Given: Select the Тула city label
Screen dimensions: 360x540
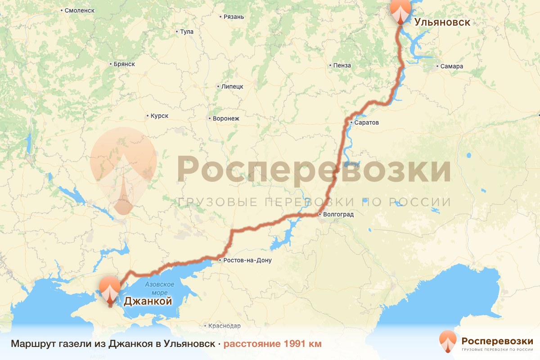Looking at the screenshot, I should [x=186, y=32].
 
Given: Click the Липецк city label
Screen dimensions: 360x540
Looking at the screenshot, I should [x=232, y=86].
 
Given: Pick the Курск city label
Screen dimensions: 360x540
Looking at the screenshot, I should [x=159, y=116].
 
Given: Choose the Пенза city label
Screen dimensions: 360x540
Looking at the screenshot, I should [x=342, y=66].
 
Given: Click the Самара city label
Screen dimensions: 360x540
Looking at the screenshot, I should [x=451, y=67].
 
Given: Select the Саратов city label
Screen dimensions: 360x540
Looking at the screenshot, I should [x=367, y=122].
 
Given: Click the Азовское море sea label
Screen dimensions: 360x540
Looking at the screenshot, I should [x=159, y=288].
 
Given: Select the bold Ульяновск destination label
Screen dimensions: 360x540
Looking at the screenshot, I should [x=442, y=22].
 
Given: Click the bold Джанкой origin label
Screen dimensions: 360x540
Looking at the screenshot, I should [x=148, y=301].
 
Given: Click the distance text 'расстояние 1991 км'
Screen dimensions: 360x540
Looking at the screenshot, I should [x=273, y=344].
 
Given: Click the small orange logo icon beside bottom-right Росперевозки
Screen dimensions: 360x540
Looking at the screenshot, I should [x=448, y=341].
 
